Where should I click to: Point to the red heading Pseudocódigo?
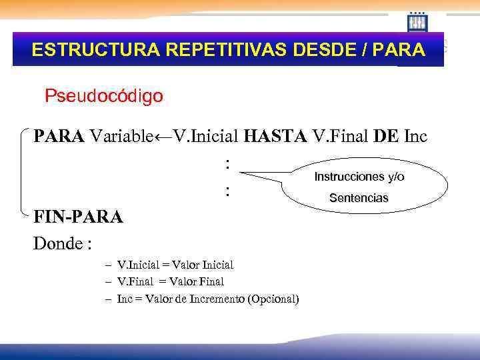click(x=103, y=96)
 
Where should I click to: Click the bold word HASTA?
click(x=275, y=137)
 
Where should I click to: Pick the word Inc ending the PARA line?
click(x=415, y=137)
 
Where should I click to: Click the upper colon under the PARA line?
click(x=227, y=163)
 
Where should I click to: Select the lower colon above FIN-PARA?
click(x=227, y=192)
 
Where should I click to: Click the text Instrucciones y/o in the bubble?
click(x=359, y=177)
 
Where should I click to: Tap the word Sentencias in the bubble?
click(x=359, y=199)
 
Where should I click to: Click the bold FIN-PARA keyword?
click(x=78, y=217)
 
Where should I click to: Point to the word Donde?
click(x=59, y=243)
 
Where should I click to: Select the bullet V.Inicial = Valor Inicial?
click(x=175, y=265)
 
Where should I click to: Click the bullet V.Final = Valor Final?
click(x=170, y=282)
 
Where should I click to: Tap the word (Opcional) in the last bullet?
click(x=273, y=299)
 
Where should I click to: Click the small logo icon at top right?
click(x=417, y=22)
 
